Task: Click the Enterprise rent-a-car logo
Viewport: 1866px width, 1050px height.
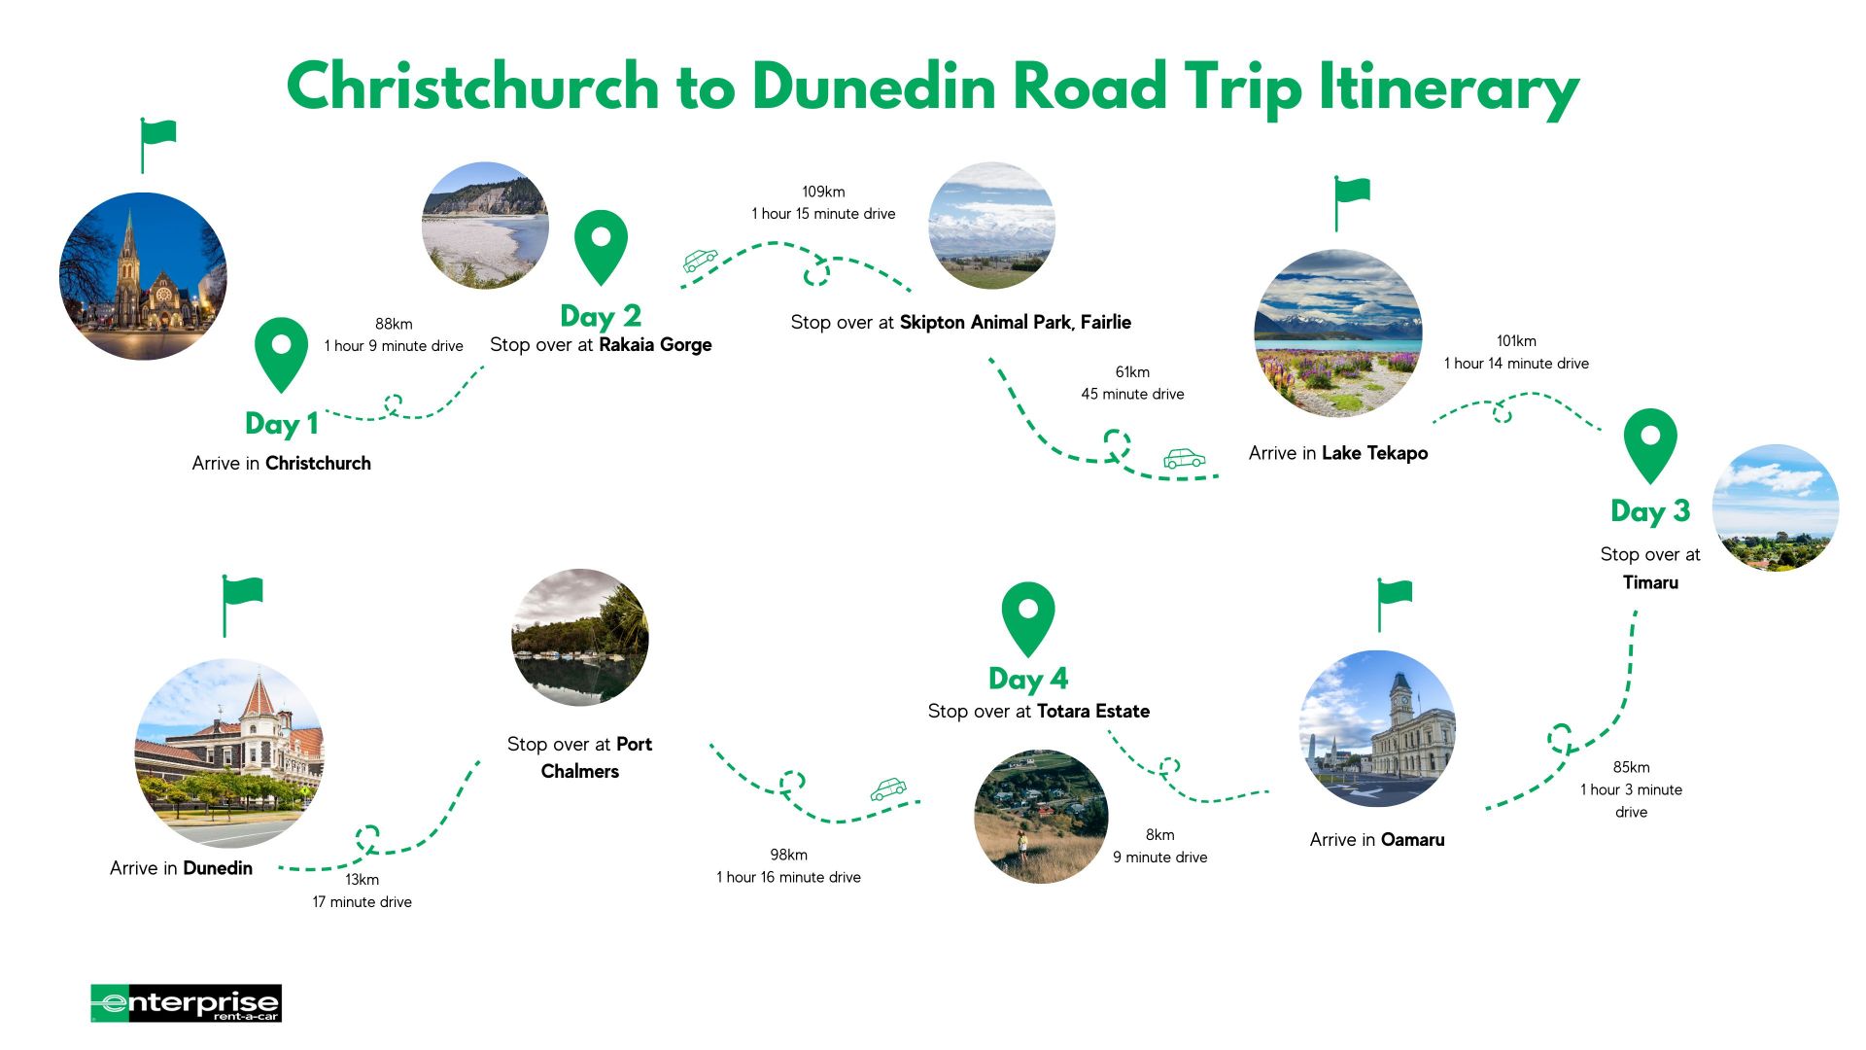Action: pos(186,1003)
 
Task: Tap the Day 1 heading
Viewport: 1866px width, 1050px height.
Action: pos(282,424)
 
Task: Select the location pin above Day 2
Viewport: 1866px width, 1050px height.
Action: pos(601,245)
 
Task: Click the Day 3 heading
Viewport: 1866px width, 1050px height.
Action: pos(1650,511)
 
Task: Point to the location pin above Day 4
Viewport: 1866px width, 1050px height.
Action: pos(1027,617)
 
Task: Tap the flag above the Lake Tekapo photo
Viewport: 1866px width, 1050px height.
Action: pos(1351,201)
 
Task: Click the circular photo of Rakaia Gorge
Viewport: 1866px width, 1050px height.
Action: pos(485,226)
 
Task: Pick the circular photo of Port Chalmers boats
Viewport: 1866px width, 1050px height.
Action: pos(580,637)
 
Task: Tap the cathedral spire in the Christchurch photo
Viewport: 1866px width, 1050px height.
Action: pos(128,238)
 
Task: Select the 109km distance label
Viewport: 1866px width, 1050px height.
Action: pos(823,192)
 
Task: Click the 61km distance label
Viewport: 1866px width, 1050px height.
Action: pos(1132,371)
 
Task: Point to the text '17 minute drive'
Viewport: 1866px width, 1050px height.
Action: pos(362,902)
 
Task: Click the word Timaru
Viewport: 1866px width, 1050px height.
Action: pos(1650,582)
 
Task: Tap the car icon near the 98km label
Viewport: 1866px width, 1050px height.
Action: pos(887,788)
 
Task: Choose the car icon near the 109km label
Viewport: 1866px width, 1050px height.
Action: pos(700,260)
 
